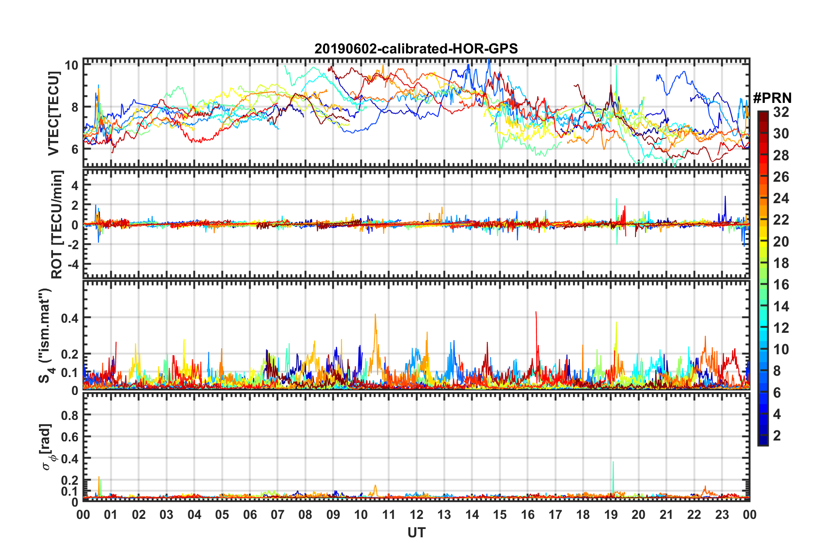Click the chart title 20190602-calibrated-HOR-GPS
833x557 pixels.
coord(416,49)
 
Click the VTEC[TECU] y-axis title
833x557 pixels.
coord(53,113)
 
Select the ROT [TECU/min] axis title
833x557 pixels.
coord(57,225)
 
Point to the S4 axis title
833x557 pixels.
coord(46,335)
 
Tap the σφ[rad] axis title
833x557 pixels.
coord(47,447)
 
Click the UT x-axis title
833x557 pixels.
coord(416,532)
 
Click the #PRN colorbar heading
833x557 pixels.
coord(772,98)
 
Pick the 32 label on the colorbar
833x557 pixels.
coord(781,112)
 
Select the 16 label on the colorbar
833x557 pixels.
coord(781,285)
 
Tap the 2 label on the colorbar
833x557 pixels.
coord(777,435)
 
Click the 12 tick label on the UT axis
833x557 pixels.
coord(416,515)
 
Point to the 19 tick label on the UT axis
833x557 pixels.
coord(611,515)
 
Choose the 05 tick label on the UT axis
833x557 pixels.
coord(222,515)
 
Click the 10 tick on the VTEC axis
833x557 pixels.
coord(71,66)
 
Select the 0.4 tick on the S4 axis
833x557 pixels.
coord(70,318)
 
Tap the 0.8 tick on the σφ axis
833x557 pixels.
coord(70,415)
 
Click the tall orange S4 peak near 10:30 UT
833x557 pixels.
coord(375,314)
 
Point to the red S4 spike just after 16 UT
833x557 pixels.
coord(536,313)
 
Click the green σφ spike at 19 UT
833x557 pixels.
coord(613,462)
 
